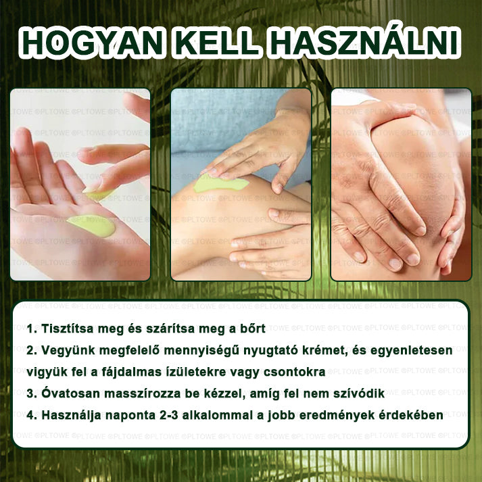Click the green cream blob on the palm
coord(92,226)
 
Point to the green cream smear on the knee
coord(220,183)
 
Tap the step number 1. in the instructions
coord(32,329)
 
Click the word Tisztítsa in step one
coord(68,329)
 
